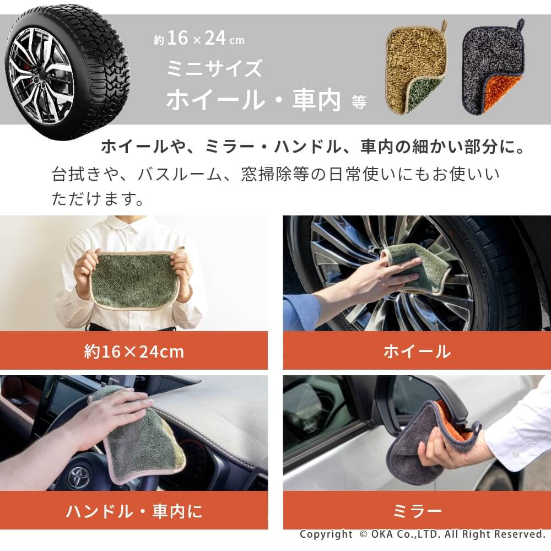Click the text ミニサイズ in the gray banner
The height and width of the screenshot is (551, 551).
tap(214, 68)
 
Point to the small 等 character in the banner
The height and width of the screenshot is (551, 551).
tap(359, 102)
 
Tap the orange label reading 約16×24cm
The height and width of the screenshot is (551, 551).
tap(134, 350)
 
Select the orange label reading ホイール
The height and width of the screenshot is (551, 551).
tap(417, 350)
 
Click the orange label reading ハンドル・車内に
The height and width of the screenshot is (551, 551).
tap(134, 510)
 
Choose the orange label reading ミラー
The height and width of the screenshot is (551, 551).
tap(417, 510)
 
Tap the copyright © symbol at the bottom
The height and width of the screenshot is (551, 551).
tap(363, 534)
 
